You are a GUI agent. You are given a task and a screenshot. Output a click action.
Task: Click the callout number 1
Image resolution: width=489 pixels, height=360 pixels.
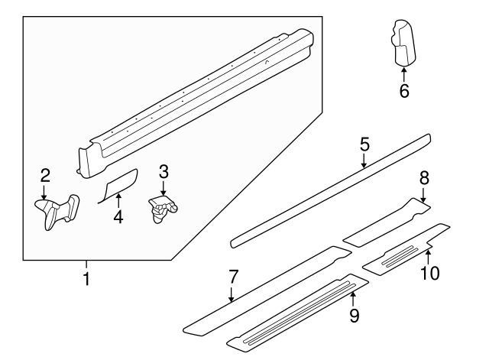coord(86,279)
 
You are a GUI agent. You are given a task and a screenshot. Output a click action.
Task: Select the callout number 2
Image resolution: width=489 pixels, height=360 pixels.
coord(45,174)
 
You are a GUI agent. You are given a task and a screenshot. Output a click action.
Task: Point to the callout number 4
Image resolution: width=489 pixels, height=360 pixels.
coord(118,217)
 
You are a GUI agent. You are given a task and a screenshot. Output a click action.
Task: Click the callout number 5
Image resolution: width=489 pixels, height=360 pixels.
coord(364,144)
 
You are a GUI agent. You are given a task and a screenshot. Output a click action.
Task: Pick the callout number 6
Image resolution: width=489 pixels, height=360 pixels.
coord(404,91)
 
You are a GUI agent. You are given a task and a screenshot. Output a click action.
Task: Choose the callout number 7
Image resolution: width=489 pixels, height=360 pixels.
coord(234,276)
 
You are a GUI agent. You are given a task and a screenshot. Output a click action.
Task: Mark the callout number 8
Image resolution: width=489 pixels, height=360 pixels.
coord(424,178)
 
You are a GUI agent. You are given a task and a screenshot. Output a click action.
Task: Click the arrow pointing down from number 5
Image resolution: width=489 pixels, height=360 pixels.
coord(364,161)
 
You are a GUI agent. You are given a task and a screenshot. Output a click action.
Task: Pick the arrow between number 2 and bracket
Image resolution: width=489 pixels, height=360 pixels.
coord(45,191)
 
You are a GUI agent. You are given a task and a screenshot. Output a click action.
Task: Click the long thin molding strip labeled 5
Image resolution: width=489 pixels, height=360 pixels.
coord(329,191)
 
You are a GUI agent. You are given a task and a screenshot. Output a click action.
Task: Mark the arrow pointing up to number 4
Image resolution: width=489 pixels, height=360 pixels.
coord(118,200)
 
